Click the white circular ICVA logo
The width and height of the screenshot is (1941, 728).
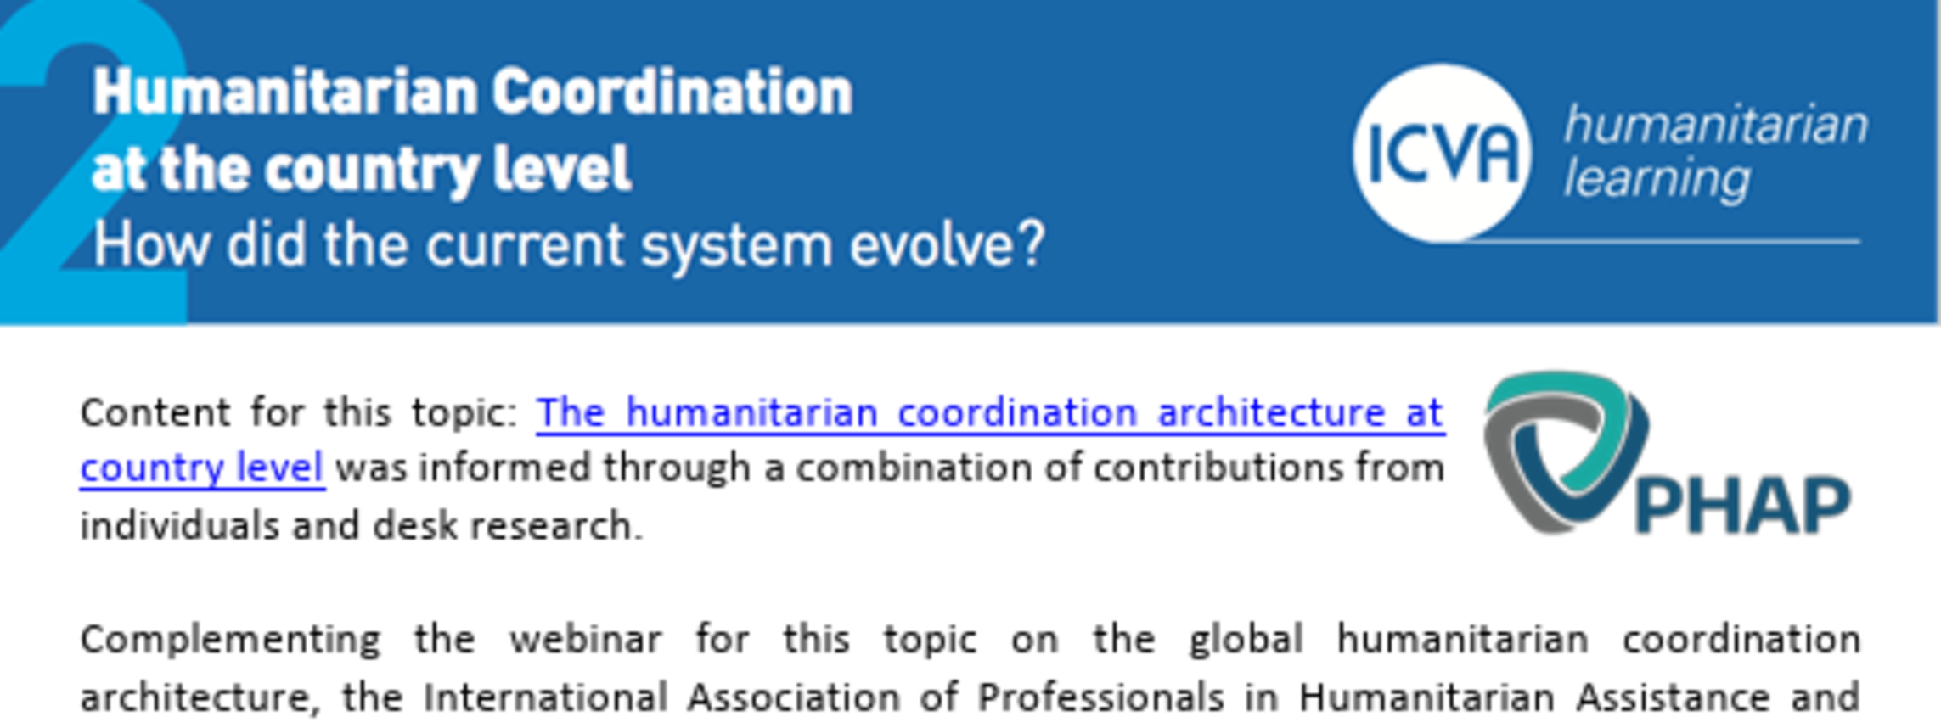[x=1443, y=154]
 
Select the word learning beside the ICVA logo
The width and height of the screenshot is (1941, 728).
[x=1657, y=179]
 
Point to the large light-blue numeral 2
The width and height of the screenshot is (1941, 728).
[x=93, y=161]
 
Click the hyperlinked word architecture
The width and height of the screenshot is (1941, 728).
[x=1271, y=413]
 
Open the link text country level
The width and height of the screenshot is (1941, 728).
[x=202, y=468]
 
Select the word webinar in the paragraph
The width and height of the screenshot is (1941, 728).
[x=585, y=639]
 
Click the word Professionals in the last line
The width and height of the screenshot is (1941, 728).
[x=1100, y=697]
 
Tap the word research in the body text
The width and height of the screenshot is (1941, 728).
[x=556, y=526]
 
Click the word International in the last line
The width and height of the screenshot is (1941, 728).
[x=545, y=697]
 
